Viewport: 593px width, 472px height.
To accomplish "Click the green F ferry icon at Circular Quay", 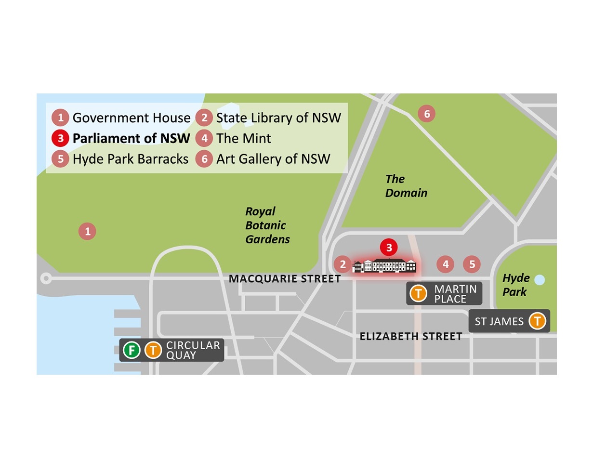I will pos(131,350).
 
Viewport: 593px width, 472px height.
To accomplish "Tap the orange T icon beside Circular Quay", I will pos(153,350).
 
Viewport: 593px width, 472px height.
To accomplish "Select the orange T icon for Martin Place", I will pos(419,293).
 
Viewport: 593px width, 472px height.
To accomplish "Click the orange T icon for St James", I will pos(537,321).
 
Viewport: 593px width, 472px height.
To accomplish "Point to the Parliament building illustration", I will pos(384,265).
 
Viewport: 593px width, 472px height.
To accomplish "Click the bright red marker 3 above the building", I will pos(389,248).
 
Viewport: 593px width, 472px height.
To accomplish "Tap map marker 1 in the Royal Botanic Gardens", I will pos(87,232).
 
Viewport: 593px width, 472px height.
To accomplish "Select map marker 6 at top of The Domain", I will pos(426,114).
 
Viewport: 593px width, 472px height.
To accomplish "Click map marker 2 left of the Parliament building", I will pos(343,264).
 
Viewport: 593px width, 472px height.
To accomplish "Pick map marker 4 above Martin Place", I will pos(446,264).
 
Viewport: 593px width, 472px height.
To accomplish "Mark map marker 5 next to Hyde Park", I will pos(472,264).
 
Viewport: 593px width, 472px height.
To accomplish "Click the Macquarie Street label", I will pos(284,279).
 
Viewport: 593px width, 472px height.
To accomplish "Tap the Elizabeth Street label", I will pos(411,336).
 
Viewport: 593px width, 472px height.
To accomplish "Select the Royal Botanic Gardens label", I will pos(267,225).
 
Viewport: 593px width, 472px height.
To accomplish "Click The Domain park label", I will pos(406,186).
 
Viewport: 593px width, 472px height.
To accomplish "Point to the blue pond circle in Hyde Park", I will pos(540,280).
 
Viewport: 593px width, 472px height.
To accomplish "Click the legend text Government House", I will pos(131,118).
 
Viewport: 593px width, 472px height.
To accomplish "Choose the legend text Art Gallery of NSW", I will pos(273,159).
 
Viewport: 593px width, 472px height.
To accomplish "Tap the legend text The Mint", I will pos(243,139).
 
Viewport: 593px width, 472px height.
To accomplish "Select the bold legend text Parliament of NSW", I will pos(131,139).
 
